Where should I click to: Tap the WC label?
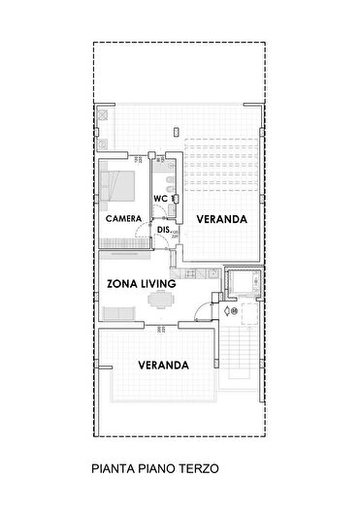(162, 199)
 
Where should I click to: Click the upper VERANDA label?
(221, 220)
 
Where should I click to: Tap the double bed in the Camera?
(122, 181)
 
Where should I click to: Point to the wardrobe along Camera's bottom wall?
(124, 246)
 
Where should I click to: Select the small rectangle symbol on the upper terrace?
(174, 128)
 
